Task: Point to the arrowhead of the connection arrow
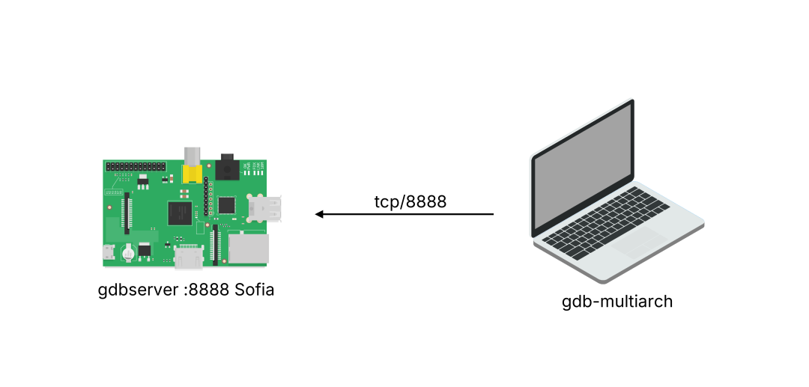point(319,214)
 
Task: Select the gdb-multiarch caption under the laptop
point(617,302)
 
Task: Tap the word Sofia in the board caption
point(255,290)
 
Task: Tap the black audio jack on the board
point(227,168)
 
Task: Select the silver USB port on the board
point(265,207)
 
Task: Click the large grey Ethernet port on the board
point(249,248)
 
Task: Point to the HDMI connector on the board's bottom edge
point(189,258)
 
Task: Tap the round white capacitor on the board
point(129,252)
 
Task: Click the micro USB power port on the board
point(109,253)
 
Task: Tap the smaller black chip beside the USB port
point(226,204)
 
